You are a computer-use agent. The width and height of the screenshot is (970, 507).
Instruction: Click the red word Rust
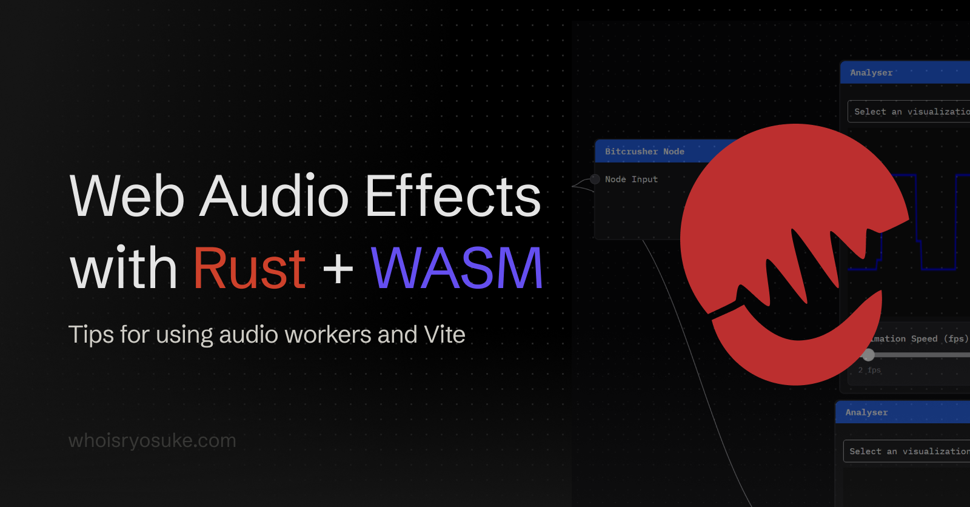pos(249,268)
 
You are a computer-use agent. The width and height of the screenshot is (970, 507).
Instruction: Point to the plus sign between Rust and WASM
pos(338,269)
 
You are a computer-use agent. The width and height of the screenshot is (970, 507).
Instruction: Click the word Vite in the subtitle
pos(444,334)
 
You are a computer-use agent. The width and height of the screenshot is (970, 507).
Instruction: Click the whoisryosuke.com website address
pos(152,440)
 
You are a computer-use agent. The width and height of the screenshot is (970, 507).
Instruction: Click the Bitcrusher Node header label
pos(644,152)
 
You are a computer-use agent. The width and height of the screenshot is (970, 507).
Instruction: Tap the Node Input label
pos(631,180)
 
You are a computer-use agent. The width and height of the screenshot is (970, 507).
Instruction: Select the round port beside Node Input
pos(595,179)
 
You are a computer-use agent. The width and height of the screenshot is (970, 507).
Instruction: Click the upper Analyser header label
pos(871,73)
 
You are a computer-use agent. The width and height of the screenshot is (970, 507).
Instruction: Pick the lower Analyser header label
pos(866,412)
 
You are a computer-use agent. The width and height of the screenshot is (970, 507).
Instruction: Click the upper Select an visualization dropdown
pos(909,112)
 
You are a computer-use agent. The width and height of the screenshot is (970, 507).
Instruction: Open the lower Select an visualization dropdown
pos(907,451)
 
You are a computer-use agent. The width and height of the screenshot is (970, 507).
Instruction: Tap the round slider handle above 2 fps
pos(869,355)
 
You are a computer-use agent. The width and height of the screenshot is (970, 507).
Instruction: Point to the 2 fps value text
pos(869,370)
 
